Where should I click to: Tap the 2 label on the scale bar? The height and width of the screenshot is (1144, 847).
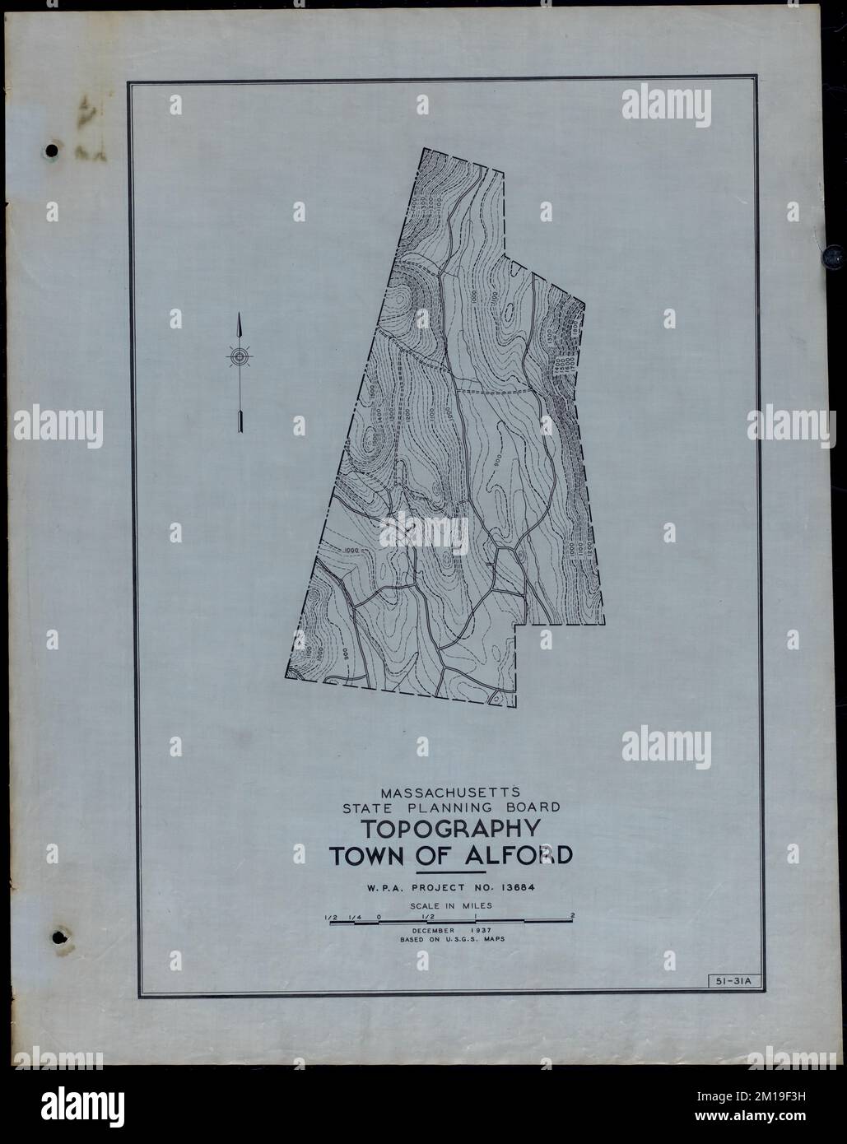[571, 915]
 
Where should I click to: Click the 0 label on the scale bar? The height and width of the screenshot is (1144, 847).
[379, 915]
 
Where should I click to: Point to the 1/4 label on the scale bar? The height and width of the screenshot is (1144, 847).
[355, 915]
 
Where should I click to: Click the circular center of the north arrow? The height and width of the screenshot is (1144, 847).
[239, 356]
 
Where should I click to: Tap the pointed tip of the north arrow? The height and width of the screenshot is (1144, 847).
[239, 315]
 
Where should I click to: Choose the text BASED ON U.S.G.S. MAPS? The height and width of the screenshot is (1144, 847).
[450, 938]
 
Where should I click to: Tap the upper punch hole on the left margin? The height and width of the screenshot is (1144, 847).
[52, 151]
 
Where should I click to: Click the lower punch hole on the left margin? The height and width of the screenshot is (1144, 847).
[58, 936]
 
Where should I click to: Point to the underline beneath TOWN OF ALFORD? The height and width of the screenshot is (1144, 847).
[450, 872]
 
